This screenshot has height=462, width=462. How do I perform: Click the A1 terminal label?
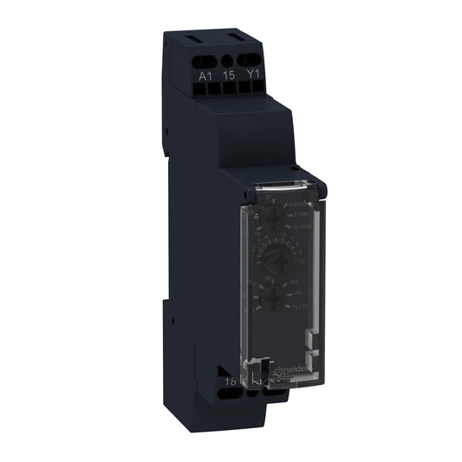tap(205, 75)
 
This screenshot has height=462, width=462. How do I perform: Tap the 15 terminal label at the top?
tap(229, 75)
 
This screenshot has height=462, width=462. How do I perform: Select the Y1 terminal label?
tap(253, 75)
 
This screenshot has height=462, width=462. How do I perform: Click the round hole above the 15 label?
tap(229, 62)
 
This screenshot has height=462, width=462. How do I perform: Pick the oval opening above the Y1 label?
tap(252, 62)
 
